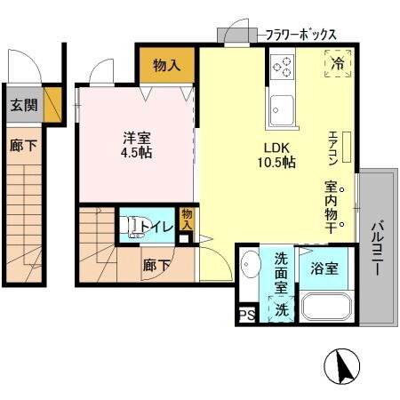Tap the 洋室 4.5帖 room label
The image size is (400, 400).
(x=137, y=144)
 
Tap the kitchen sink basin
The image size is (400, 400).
(x=284, y=110)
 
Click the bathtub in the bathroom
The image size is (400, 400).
(x=327, y=307)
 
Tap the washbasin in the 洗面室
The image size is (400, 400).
(x=250, y=266)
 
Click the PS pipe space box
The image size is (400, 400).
(x=245, y=313)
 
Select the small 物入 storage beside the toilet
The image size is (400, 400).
(x=185, y=219)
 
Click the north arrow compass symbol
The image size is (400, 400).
(x=344, y=365)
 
